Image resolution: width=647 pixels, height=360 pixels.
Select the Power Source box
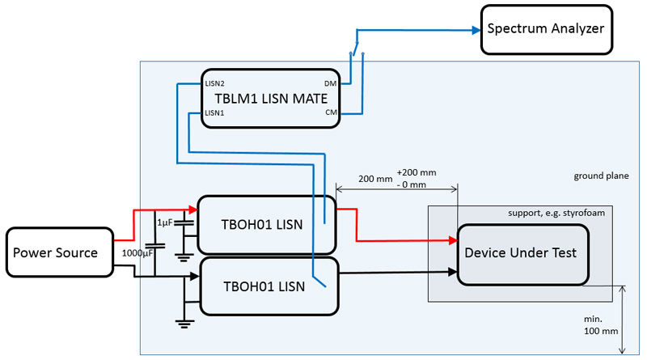coord(56,253)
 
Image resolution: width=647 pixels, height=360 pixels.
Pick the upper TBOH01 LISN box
coord(265,224)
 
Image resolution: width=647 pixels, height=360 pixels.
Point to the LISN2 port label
coord(214,83)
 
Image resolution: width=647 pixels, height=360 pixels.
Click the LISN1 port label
coord(214,113)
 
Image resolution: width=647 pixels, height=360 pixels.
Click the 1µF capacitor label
coord(165,222)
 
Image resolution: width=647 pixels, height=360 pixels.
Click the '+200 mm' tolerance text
coord(417,172)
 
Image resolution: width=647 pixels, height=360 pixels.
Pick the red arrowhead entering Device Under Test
coord(452,241)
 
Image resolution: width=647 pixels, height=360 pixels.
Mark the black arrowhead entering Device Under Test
coord(452,272)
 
